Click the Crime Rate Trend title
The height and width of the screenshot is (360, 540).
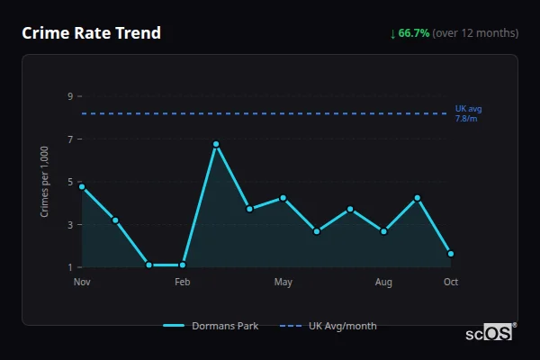tap(92, 33)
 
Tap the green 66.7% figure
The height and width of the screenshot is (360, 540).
tap(414, 33)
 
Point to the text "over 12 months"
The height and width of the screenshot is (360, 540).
tap(476, 33)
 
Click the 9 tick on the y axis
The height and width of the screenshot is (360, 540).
tap(69, 96)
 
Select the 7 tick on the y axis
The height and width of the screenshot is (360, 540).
tap(69, 139)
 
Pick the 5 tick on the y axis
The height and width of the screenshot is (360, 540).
tap(69, 182)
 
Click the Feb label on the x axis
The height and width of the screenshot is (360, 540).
tap(183, 283)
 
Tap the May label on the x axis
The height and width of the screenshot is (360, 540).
tap(283, 283)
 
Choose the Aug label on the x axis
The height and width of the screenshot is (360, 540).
tap(383, 283)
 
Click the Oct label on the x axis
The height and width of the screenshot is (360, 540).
tap(451, 283)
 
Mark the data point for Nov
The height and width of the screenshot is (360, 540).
tap(82, 186)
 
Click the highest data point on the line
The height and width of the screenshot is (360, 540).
tap(216, 144)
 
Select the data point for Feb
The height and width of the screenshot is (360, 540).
tap(183, 265)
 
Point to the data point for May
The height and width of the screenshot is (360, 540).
tap(283, 198)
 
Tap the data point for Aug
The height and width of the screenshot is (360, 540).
tap(383, 231)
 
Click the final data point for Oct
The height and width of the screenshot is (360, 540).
tap(451, 254)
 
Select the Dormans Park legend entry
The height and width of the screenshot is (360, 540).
tap(211, 326)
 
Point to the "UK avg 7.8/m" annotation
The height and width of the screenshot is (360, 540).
tap(468, 113)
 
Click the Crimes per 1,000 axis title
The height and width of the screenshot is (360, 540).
tap(44, 182)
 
